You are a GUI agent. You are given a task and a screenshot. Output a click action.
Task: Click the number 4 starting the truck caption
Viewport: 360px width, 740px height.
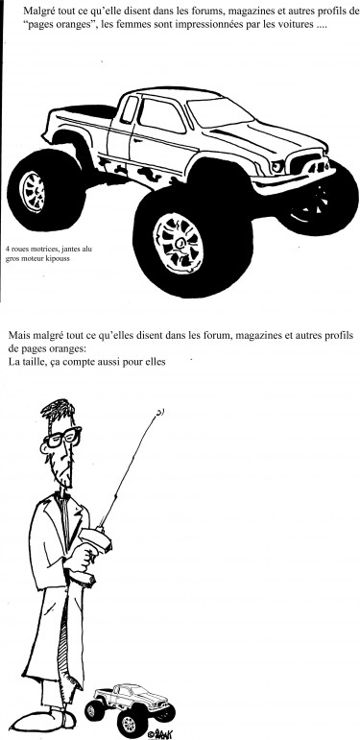[7, 249]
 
